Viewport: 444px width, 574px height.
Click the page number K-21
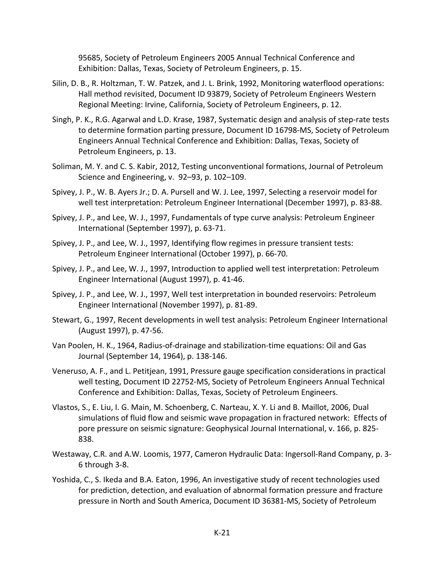click(x=222, y=533)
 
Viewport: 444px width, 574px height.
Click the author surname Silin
click(x=60, y=84)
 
